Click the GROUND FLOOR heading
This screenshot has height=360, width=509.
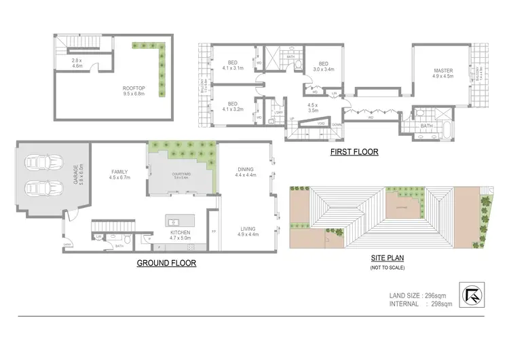166,262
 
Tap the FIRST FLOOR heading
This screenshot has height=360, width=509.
354,152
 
